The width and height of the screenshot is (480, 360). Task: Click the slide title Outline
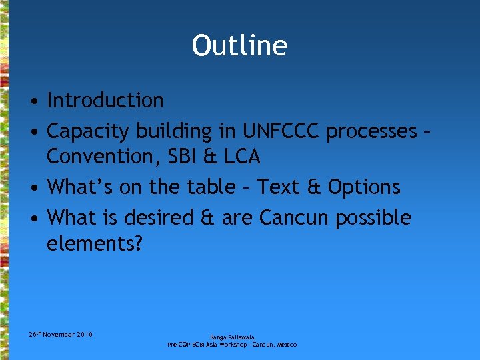click(239, 45)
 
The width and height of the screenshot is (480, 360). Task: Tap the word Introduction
click(105, 101)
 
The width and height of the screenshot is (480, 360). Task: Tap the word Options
click(364, 187)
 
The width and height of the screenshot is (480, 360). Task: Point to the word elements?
click(94, 243)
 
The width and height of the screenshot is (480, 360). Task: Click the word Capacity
click(90, 132)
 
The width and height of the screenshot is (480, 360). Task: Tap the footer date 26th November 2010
click(60, 334)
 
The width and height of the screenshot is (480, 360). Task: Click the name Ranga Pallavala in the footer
click(232, 337)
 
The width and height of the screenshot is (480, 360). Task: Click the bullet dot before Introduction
click(32, 102)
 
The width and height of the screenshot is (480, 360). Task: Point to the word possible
click(373, 218)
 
